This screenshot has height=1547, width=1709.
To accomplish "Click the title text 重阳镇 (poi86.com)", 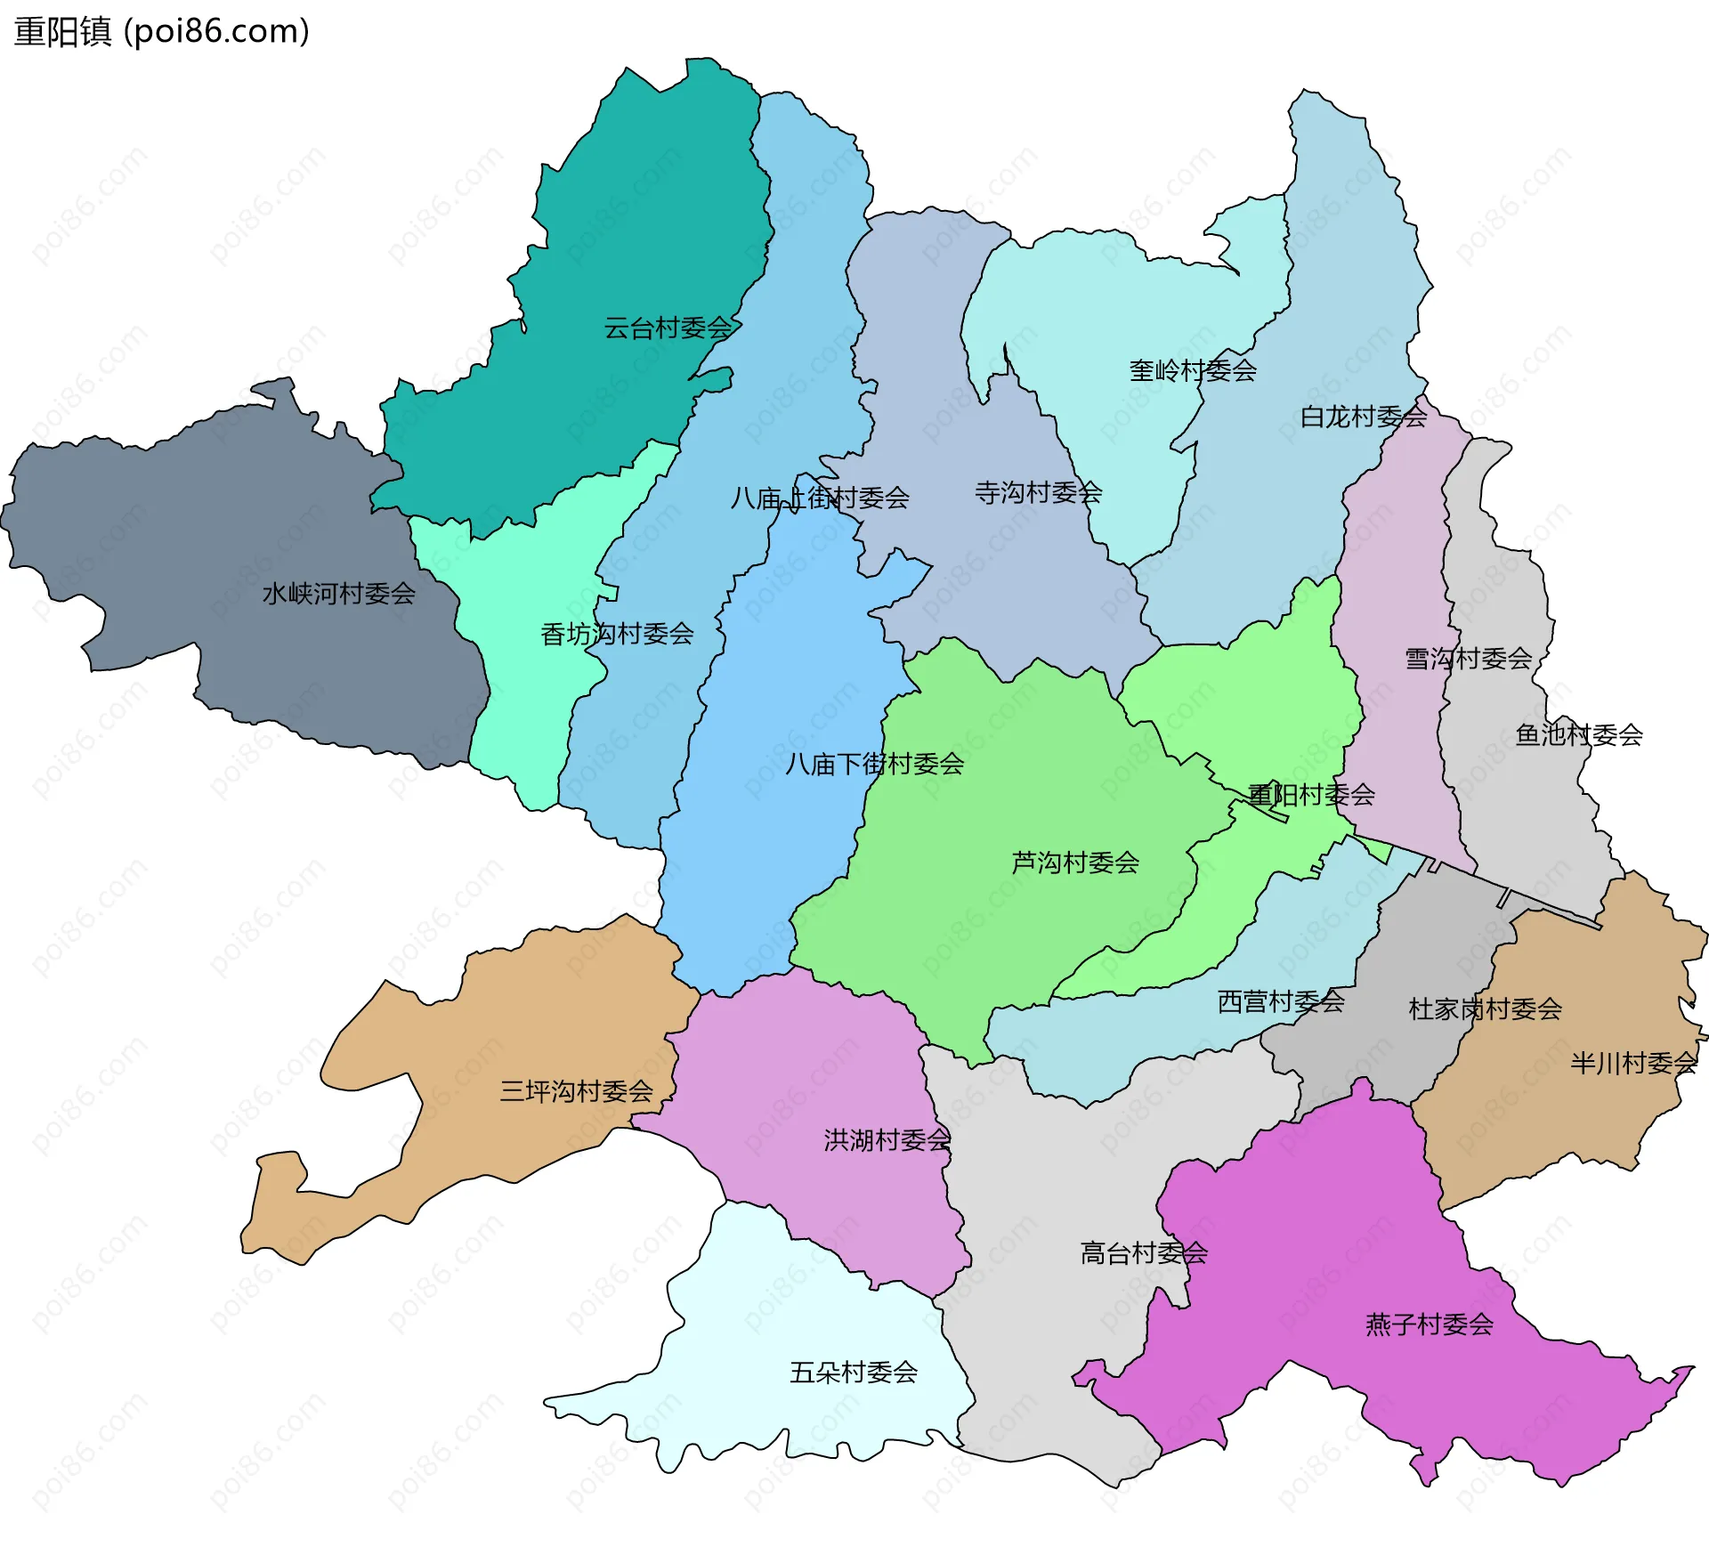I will click(x=162, y=32).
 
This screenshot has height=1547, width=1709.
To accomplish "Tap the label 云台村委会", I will click(x=668, y=328).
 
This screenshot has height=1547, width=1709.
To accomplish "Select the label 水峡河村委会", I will click(x=339, y=594).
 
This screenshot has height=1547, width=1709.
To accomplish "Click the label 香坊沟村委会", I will click(x=617, y=635).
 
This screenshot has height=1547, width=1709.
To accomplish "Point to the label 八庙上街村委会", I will click(x=820, y=498).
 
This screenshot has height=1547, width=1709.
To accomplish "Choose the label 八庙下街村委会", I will click(x=875, y=764).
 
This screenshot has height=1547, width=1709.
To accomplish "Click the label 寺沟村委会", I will click(x=1039, y=492).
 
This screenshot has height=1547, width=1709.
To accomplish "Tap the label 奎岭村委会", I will click(x=1193, y=370).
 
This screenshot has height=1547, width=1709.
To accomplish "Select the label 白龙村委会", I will click(x=1364, y=417).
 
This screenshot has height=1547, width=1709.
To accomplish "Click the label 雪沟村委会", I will click(x=1469, y=659).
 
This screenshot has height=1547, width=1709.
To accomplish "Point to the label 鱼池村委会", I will click(x=1579, y=735).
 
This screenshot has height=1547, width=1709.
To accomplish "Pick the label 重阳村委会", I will click(x=1311, y=795).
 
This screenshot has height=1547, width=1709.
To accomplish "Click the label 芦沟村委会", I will click(x=1075, y=863).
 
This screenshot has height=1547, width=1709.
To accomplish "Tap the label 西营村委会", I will click(x=1281, y=1002).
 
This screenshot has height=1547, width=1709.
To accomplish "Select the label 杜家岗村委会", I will click(x=1486, y=1009).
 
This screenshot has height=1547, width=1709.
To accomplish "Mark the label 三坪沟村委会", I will click(x=577, y=1091).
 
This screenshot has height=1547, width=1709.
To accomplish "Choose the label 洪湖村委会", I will click(x=887, y=1140).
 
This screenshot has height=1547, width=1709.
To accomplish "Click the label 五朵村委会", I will click(x=854, y=1373).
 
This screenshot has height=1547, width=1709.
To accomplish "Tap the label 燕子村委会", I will click(x=1430, y=1324).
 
